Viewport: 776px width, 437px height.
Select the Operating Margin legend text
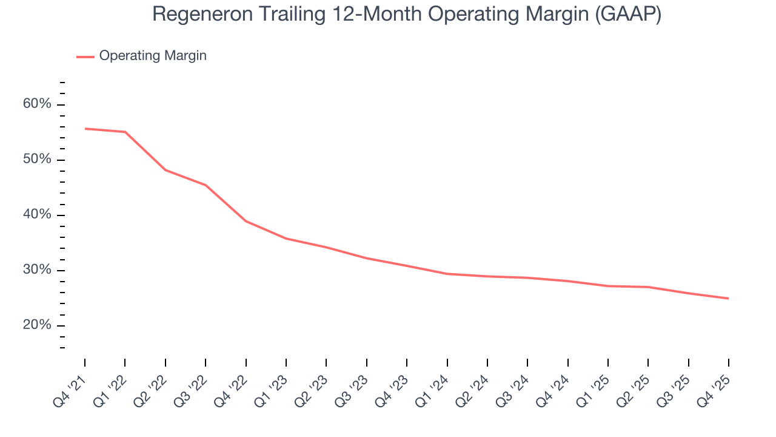click(x=153, y=56)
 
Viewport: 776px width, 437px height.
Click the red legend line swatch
click(x=85, y=56)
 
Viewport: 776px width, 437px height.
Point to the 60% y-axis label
click(x=37, y=104)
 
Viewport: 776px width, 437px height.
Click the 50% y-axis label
click(x=37, y=160)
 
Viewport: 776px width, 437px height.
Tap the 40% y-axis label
click(x=37, y=215)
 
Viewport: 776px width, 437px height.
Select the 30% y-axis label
click(x=37, y=270)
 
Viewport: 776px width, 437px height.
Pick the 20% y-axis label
click(x=37, y=325)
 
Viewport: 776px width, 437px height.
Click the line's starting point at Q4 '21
click(x=85, y=129)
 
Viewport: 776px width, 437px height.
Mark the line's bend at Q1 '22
click(x=125, y=132)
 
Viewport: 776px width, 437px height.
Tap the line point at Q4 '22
click(x=246, y=221)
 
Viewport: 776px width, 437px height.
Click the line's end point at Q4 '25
click(x=728, y=298)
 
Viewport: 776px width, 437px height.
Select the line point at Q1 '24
click(x=447, y=274)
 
